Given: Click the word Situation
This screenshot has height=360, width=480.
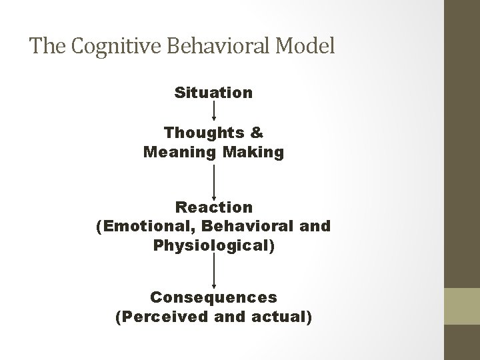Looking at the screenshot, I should (213, 92).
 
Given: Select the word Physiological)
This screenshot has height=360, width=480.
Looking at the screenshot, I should (213, 245).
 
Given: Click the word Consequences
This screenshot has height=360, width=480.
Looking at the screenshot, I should (213, 295).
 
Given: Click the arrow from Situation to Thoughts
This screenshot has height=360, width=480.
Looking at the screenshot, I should (213, 111).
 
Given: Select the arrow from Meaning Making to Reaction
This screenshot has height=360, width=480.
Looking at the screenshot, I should (213, 181).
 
